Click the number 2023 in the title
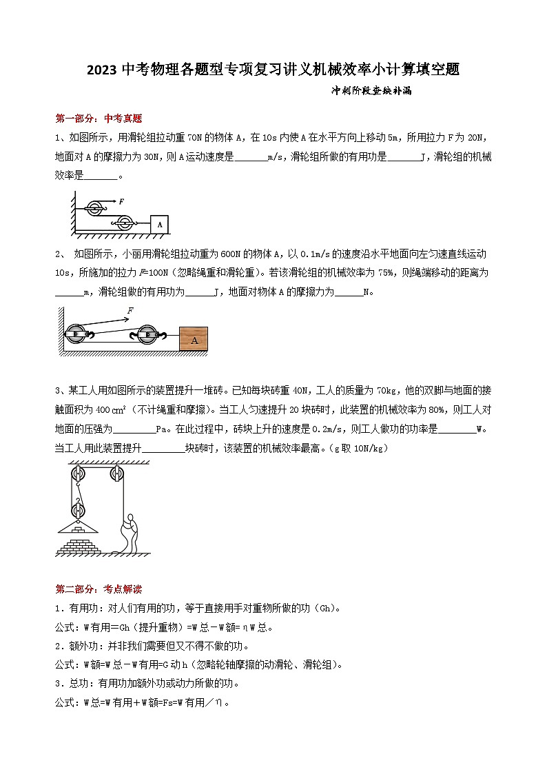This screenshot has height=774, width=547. tap(103, 70)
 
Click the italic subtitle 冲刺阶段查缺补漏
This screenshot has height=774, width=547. tap(371, 90)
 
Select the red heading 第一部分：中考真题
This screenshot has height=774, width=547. tap(98, 118)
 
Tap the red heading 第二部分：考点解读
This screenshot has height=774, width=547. tap(98, 589)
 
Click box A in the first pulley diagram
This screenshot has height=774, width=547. tap(159, 224)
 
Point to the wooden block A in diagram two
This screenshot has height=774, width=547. tap(194, 339)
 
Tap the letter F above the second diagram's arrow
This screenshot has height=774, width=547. tap(130, 312)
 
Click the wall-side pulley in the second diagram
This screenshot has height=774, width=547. tap(76, 334)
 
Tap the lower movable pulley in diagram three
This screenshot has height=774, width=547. tap(77, 512)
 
